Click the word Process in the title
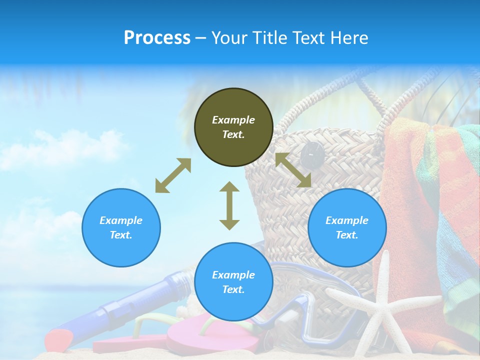157,38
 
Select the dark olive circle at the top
233,127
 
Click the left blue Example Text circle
121,227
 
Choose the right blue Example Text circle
347,227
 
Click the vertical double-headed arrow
229,205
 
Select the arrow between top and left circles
173,175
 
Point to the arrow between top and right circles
293,170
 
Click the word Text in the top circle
233,134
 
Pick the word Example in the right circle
346,220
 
